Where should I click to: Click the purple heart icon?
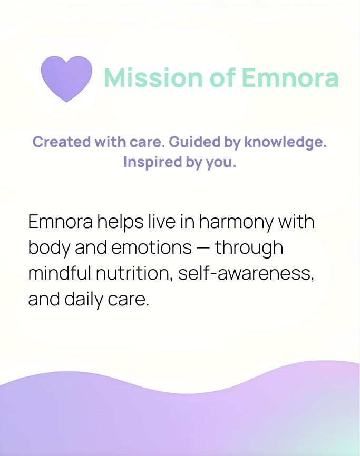click(x=66, y=78)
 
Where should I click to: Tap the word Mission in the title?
click(x=153, y=77)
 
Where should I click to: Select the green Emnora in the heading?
click(x=290, y=77)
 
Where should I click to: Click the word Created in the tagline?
click(x=62, y=142)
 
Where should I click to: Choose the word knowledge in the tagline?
click(x=285, y=143)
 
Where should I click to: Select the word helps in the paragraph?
click(x=121, y=222)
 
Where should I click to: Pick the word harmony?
click(x=236, y=222)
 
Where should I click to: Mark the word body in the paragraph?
click(x=49, y=248)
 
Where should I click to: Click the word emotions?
click(x=151, y=248)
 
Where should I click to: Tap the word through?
click(x=249, y=248)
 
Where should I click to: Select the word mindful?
click(x=60, y=273)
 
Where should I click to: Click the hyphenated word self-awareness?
click(x=246, y=273)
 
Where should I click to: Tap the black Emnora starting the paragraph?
click(x=61, y=222)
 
